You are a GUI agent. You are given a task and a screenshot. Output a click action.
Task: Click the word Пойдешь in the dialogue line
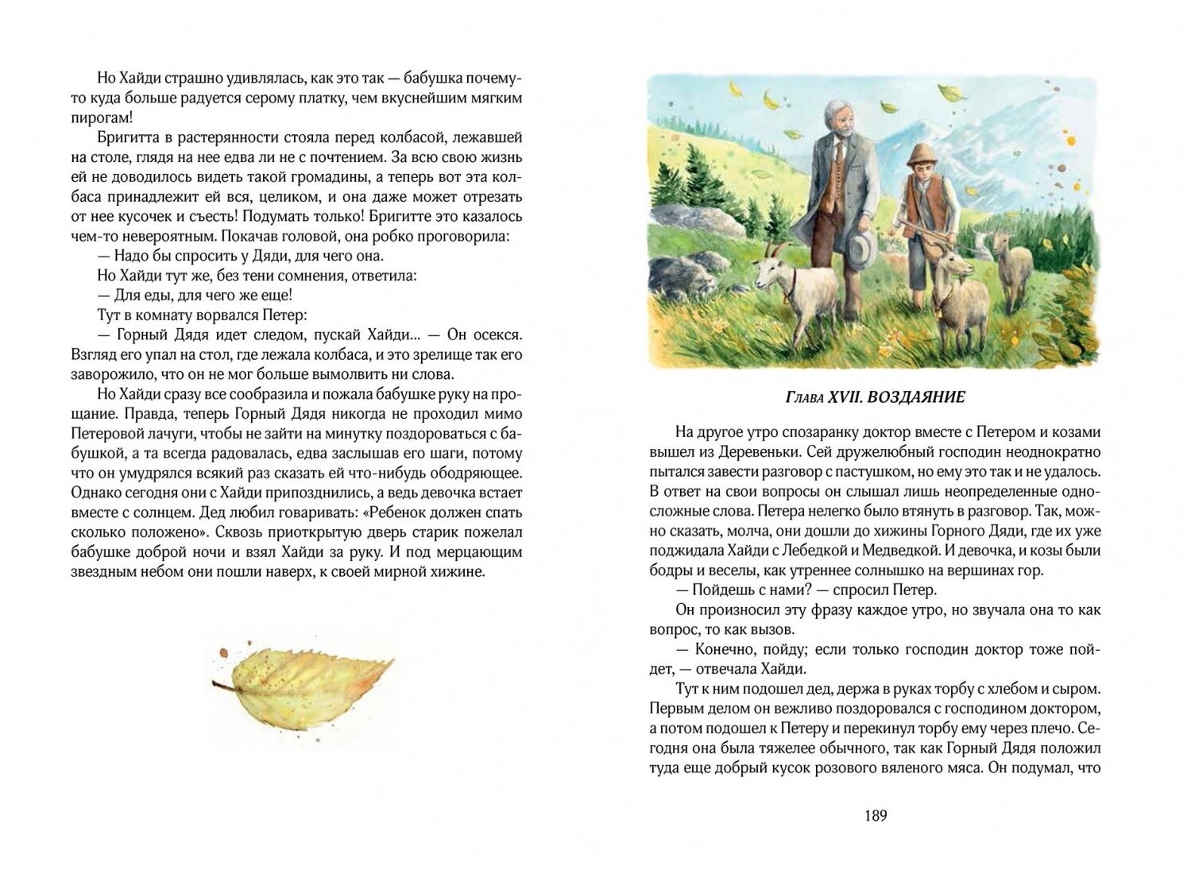tap(721, 590)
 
